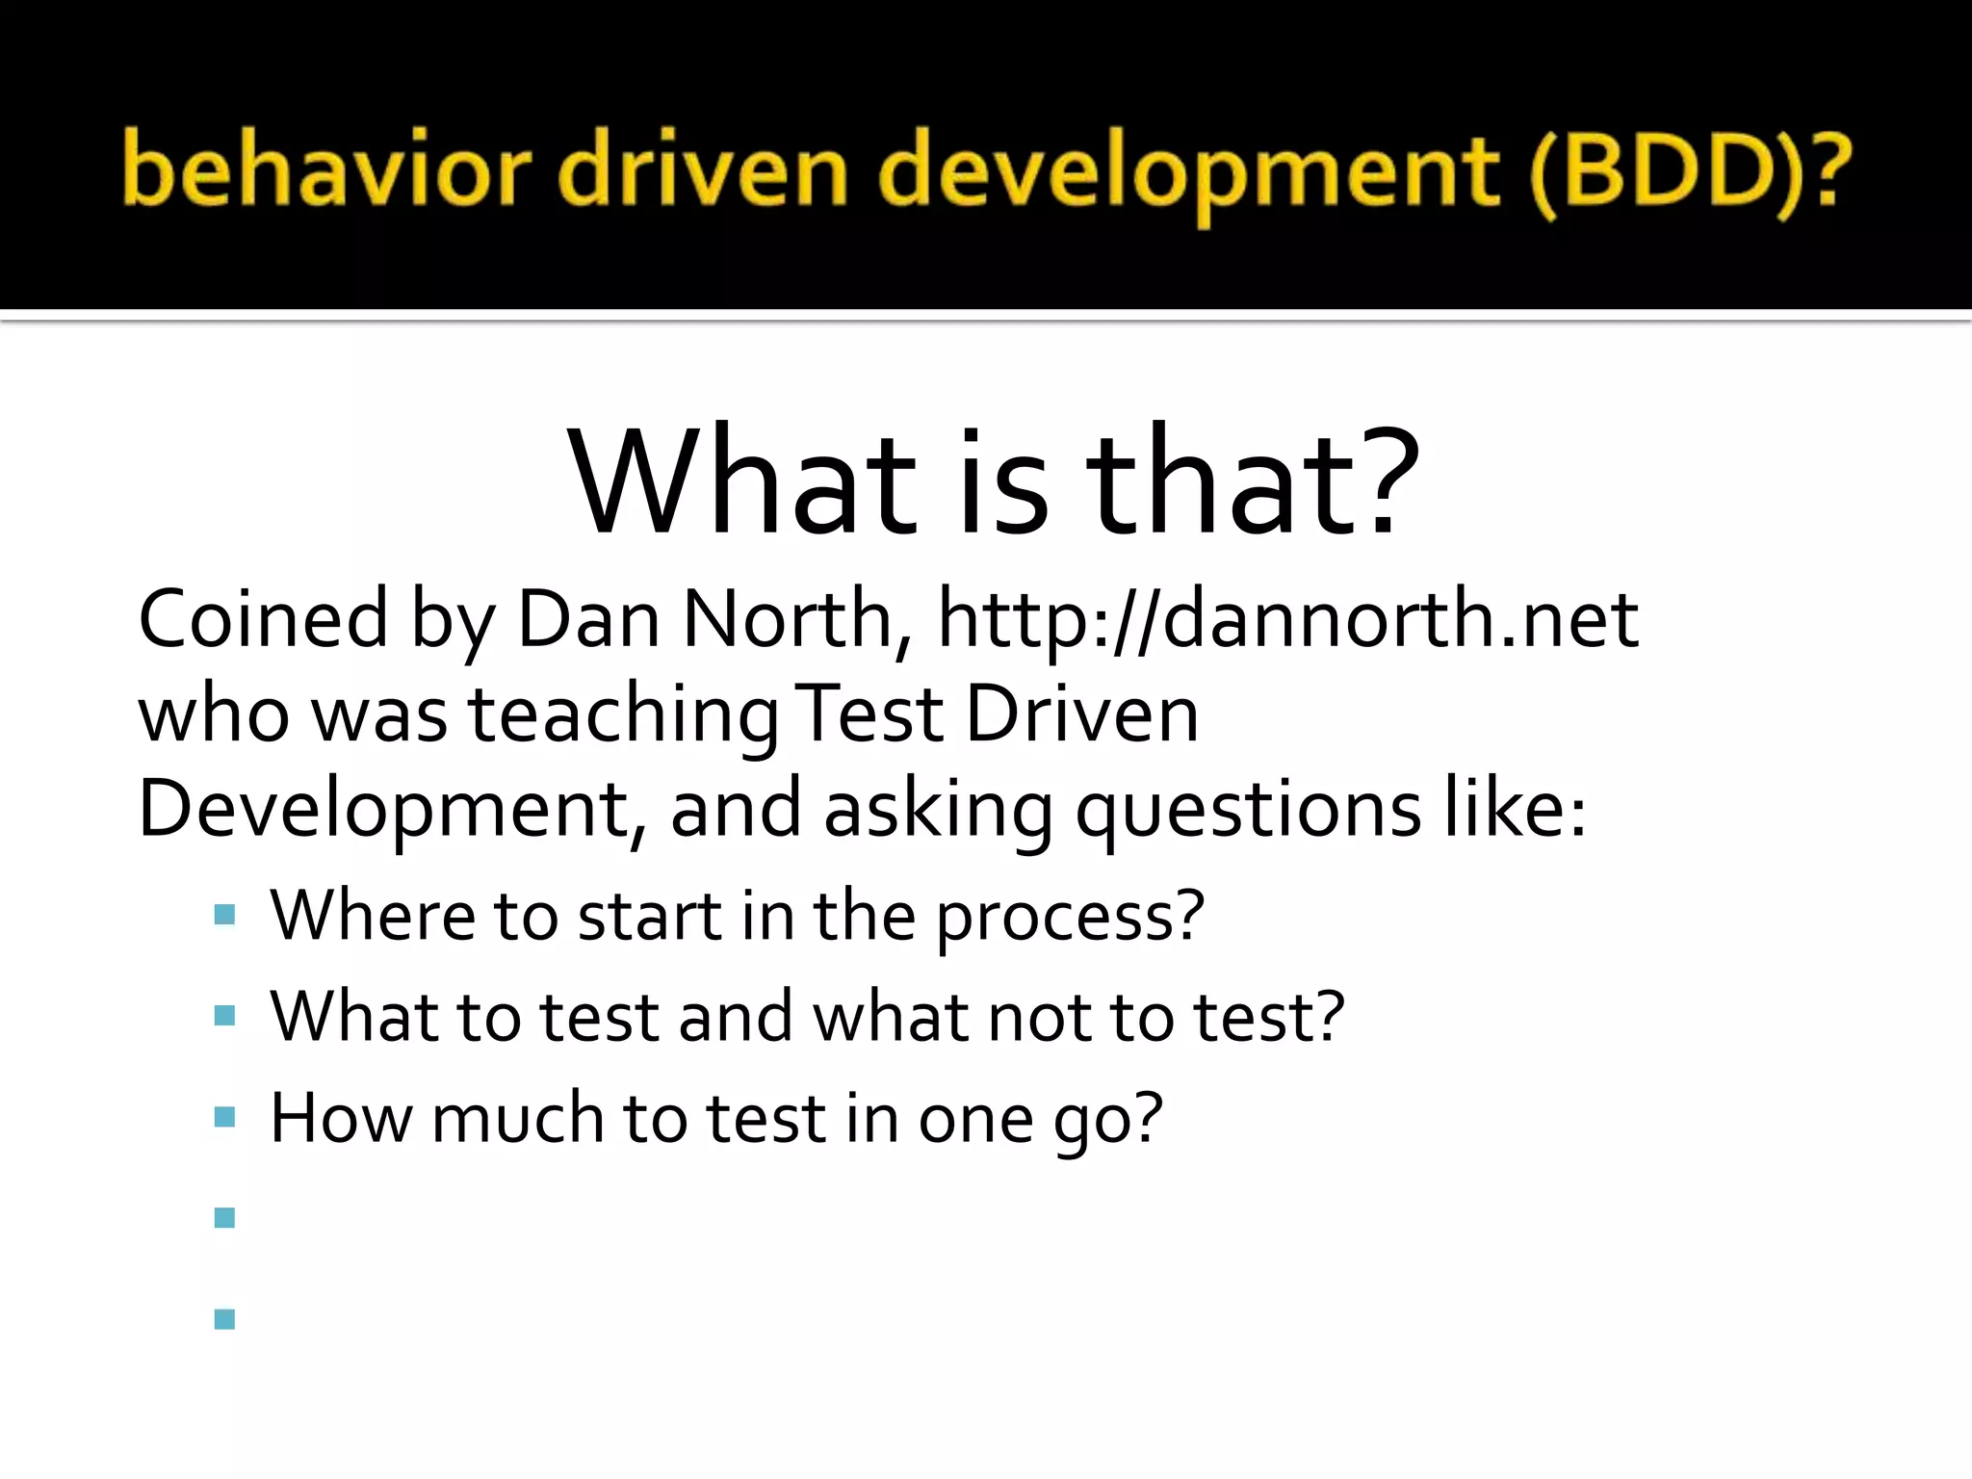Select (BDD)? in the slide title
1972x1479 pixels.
pos(1689,173)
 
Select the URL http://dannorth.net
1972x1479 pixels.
pos(1287,619)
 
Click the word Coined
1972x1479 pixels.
pos(263,619)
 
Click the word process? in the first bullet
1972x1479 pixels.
pos(1070,917)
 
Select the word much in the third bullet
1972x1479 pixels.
pos(516,1118)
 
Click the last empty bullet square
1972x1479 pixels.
pos(225,1318)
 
